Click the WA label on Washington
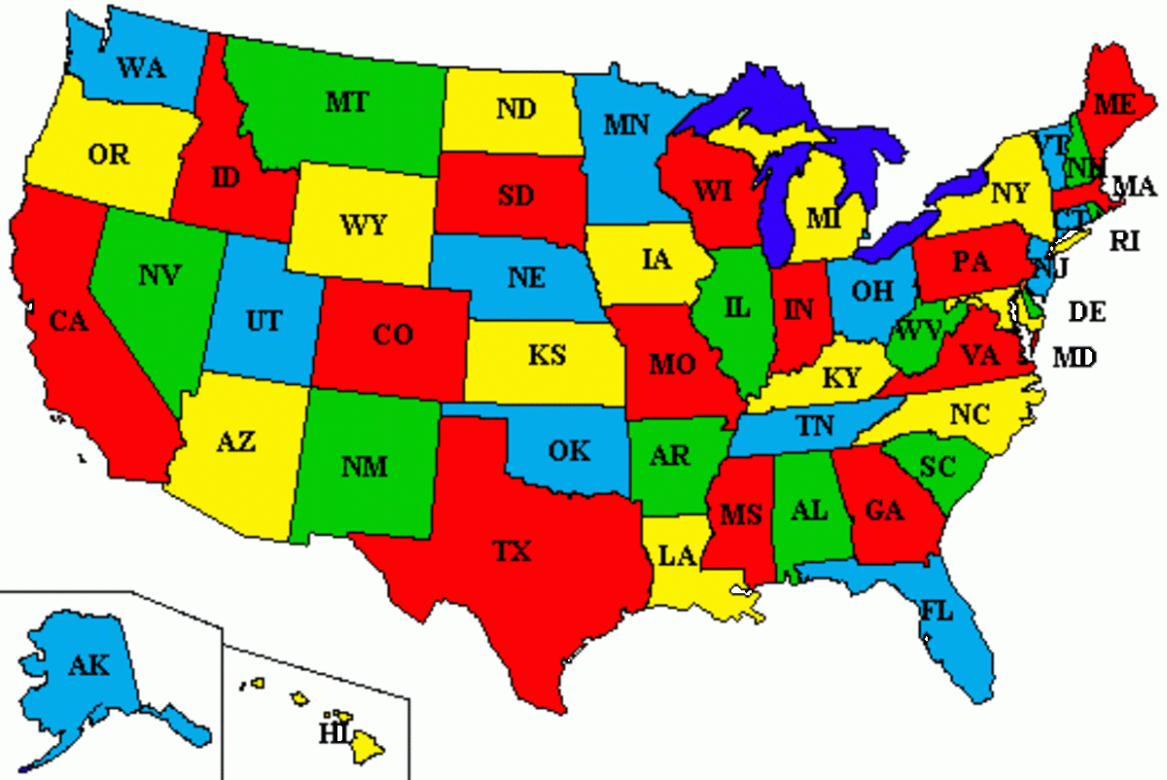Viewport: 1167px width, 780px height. pyautogui.click(x=141, y=67)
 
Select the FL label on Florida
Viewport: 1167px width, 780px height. pyautogui.click(x=937, y=613)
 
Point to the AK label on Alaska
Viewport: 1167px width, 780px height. pyautogui.click(x=89, y=666)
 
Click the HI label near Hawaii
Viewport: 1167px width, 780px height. pyautogui.click(x=334, y=732)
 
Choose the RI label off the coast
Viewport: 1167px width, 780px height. pyautogui.click(x=1124, y=240)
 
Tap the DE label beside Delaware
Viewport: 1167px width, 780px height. pyautogui.click(x=1087, y=312)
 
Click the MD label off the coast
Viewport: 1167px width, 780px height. pyautogui.click(x=1075, y=358)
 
